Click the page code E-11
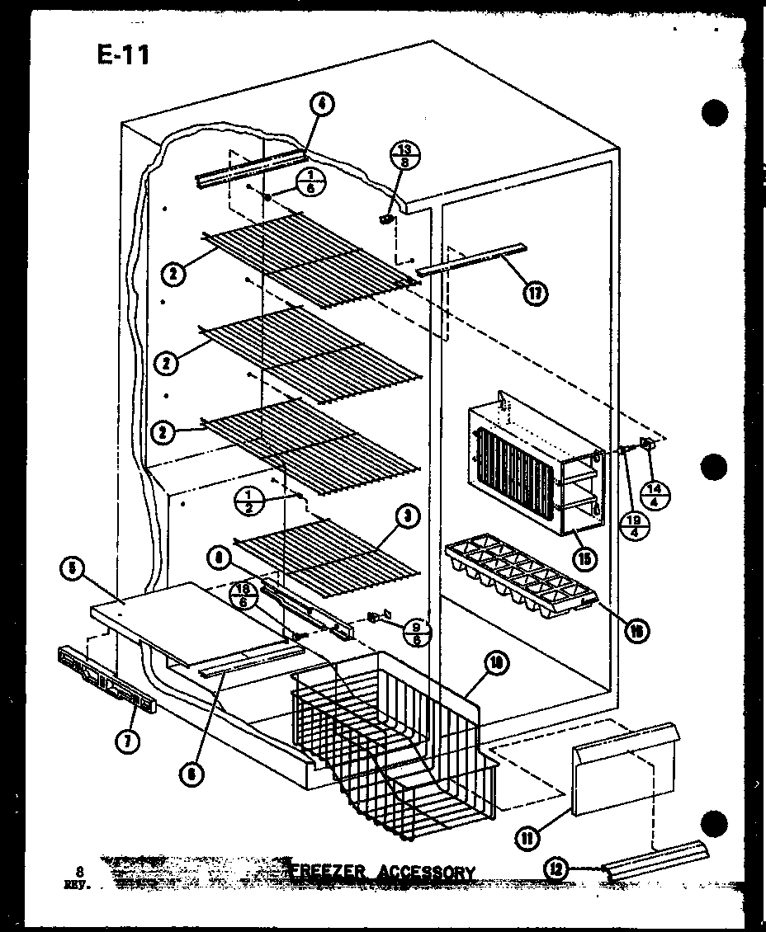[121, 55]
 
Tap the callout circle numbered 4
[322, 105]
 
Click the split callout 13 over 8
[404, 155]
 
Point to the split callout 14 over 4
[656, 493]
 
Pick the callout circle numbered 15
[584, 558]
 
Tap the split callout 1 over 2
[248, 500]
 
